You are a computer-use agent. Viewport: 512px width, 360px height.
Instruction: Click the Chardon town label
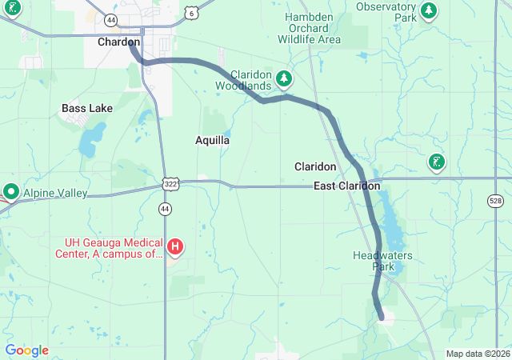point(118,42)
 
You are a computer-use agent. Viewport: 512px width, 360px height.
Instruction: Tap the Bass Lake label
point(87,108)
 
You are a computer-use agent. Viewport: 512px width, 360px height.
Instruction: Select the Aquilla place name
point(213,140)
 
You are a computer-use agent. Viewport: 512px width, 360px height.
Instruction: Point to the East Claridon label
point(346,186)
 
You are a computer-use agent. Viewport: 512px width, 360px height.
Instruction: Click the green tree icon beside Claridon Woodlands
point(283,78)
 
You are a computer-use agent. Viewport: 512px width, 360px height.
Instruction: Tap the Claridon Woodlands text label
point(251,80)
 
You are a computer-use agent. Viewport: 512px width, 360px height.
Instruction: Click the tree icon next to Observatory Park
point(430,10)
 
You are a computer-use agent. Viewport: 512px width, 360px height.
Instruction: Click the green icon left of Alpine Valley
point(11,192)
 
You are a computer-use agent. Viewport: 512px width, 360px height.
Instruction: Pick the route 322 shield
point(170,184)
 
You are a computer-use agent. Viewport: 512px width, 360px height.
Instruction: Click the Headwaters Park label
point(374,261)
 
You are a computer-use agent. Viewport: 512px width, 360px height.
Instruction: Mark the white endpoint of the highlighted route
point(382,318)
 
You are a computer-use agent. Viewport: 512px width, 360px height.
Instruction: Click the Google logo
point(26,350)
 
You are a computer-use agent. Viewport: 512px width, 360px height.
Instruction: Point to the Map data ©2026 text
point(477,354)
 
